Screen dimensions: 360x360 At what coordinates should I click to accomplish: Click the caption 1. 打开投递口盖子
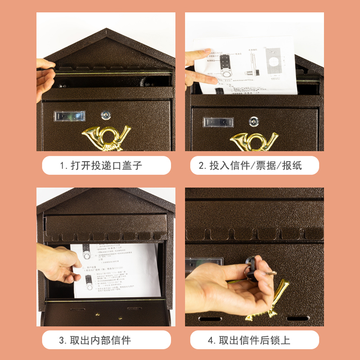[x=107, y=166]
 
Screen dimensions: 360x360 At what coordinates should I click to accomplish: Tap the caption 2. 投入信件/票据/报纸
[x=255, y=166]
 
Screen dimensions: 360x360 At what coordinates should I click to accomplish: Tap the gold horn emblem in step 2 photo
[x=254, y=140]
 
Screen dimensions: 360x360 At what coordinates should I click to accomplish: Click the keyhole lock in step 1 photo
[x=105, y=115]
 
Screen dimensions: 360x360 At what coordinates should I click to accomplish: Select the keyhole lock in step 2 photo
[x=254, y=121]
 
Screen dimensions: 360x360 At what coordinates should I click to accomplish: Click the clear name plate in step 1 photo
[x=69, y=116]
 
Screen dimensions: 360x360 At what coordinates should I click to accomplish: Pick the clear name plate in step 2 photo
[x=218, y=122]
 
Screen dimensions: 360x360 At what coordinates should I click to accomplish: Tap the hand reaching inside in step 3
[x=58, y=265]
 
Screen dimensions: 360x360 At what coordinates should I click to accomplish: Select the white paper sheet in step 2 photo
[x=247, y=65]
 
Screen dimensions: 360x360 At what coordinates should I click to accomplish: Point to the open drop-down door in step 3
[x=106, y=313]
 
